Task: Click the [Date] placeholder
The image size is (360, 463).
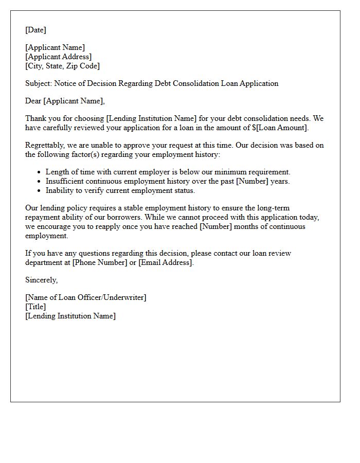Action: (x=35, y=30)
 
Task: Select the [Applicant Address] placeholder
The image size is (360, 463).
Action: (x=59, y=57)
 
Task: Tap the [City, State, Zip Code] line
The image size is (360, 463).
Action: (x=63, y=66)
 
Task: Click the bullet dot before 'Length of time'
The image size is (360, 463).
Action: (x=40, y=172)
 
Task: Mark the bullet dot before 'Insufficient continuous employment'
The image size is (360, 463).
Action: (x=40, y=182)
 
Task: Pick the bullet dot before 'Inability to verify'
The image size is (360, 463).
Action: (x=40, y=191)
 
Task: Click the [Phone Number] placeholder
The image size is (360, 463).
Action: (x=99, y=262)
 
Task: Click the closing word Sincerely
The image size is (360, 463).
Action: (x=41, y=280)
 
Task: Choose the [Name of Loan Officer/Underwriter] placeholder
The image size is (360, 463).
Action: (x=86, y=297)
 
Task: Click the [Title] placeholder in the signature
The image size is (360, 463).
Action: (x=35, y=307)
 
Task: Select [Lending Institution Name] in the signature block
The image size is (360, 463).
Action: (x=70, y=316)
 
